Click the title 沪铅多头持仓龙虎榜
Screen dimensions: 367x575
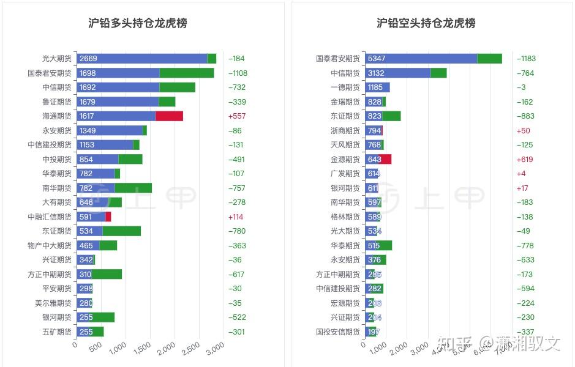[x=138, y=23]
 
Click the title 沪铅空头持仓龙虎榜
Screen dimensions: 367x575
[x=426, y=23]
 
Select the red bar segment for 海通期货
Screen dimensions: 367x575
[x=169, y=116]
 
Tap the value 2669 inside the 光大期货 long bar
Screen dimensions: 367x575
[x=88, y=59]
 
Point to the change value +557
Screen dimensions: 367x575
[x=236, y=116]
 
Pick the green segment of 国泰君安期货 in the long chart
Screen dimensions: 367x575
[x=187, y=73]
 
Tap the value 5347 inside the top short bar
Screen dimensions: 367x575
[x=376, y=59]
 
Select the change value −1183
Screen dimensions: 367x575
[x=526, y=59]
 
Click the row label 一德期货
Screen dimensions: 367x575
[x=345, y=87]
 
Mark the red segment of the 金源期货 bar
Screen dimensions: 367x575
[x=386, y=159]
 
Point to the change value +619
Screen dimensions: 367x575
[x=525, y=159]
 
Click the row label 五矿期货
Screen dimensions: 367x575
[x=56, y=332]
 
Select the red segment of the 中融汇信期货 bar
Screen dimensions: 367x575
[x=108, y=217]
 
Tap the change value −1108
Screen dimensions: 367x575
[x=238, y=73]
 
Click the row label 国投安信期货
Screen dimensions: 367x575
[x=338, y=332]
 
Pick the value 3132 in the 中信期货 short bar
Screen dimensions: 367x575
[x=376, y=73]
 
